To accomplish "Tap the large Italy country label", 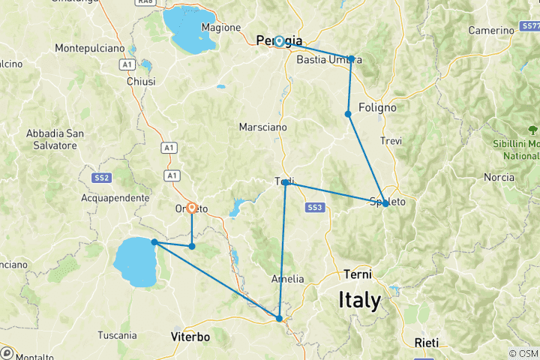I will pyautogui.click(x=359, y=300).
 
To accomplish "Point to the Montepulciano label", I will pyautogui.click(x=89, y=48).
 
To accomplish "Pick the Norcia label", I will pyautogui.click(x=499, y=178).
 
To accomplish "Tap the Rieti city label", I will pyautogui.click(x=427, y=342).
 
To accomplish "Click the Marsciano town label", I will pyautogui.click(x=262, y=127).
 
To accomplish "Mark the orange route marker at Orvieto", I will pyautogui.click(x=192, y=208).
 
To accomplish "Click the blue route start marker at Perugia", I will pyautogui.click(x=279, y=41).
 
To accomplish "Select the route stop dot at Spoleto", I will pyautogui.click(x=385, y=203).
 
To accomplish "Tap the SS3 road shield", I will pyautogui.click(x=314, y=207).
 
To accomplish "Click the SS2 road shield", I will pyautogui.click(x=103, y=178).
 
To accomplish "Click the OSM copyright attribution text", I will pyautogui.click(x=523, y=353).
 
